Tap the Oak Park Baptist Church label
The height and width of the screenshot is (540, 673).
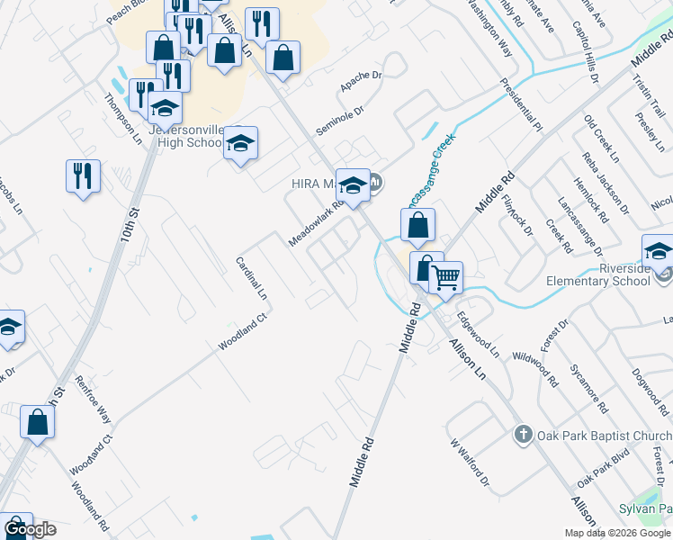click(604, 436)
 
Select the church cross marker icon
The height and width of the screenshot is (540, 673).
click(522, 436)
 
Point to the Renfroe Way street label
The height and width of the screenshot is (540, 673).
click(92, 400)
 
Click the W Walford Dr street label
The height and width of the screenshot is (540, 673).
click(470, 461)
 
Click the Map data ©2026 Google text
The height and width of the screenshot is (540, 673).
click(616, 533)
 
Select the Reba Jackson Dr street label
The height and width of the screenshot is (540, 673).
click(595, 174)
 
